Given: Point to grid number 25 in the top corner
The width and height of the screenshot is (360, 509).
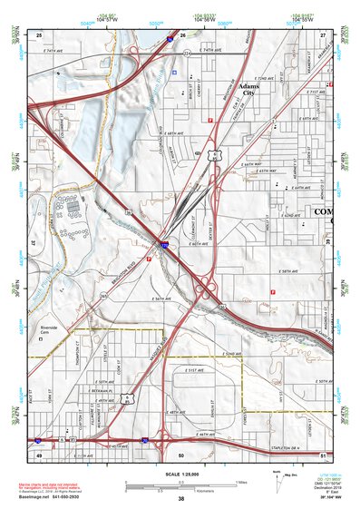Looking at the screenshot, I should [x=39, y=34].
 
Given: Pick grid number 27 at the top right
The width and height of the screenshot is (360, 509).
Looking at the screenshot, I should [x=322, y=34].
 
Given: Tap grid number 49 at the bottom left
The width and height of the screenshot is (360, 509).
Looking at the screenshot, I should [x=39, y=454].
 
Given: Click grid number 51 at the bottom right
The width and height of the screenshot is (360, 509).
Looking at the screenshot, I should [x=322, y=454].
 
